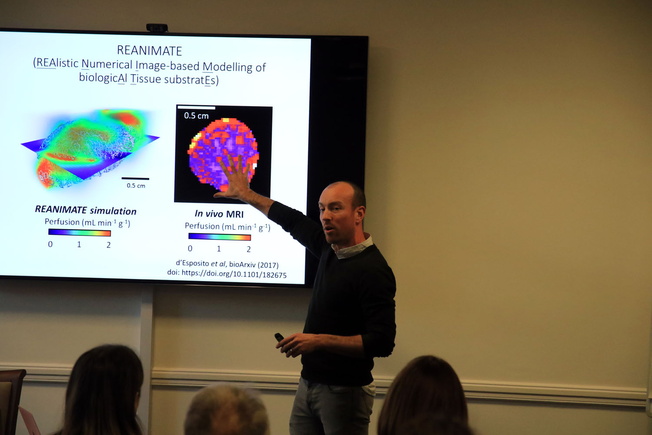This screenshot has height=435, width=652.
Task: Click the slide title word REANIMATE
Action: pos(150,51)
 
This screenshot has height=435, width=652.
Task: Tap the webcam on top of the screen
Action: pos(156,28)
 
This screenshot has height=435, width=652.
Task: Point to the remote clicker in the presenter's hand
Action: pos(279,338)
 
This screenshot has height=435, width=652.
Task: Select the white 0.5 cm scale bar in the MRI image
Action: pos(196,107)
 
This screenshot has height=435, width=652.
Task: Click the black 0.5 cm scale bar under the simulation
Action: pos(135,179)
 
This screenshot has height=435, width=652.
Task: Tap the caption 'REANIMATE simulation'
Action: pos(86,210)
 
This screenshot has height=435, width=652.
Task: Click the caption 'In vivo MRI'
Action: pos(219,214)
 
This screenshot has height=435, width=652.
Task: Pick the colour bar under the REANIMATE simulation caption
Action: pos(80,233)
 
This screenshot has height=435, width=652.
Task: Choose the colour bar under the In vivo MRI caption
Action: pos(220,237)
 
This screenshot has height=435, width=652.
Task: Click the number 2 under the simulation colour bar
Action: pos(109,245)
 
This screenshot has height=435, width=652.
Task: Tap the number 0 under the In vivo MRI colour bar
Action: pos(190,248)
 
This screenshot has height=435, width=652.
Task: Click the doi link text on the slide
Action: pos(227,274)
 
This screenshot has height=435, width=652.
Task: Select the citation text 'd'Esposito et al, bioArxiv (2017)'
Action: pos(227,264)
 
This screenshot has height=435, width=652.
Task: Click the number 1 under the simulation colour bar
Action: pos(79,244)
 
